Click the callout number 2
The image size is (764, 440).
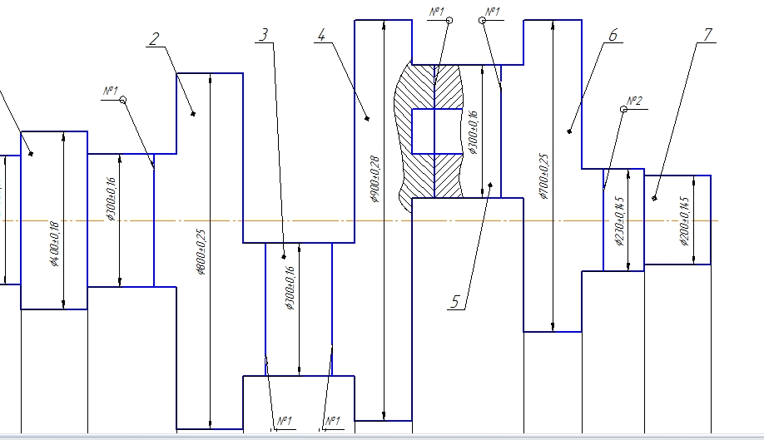pyautogui.click(x=155, y=38)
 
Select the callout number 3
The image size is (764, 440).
pyautogui.click(x=264, y=35)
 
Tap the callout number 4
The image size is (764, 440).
pyautogui.click(x=322, y=34)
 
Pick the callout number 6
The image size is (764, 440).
pyautogui.click(x=613, y=35)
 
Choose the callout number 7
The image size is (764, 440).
pyautogui.click(x=708, y=34)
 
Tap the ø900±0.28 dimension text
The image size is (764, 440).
pyautogui.click(x=374, y=179)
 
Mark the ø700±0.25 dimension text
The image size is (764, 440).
pyautogui.click(x=544, y=176)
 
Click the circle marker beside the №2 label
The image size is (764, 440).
pyautogui.click(x=623, y=108)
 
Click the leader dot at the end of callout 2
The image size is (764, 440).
pyautogui.click(x=193, y=113)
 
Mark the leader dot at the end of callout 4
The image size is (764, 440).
pyautogui.click(x=367, y=119)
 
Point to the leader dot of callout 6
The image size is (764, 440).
pyautogui.click(x=570, y=130)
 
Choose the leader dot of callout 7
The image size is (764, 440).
pyautogui.click(x=655, y=198)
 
